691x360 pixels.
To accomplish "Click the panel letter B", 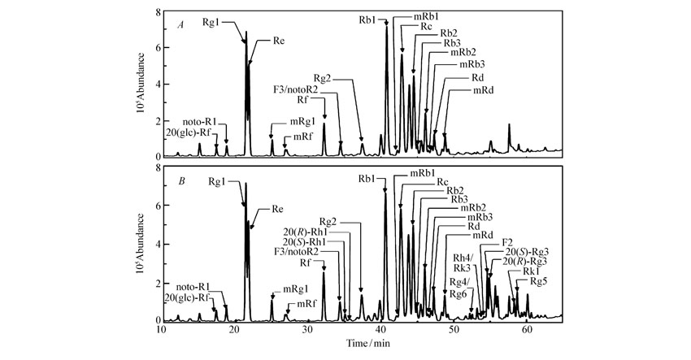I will click(182, 181).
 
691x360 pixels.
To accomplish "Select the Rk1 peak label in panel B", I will click(532, 271).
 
